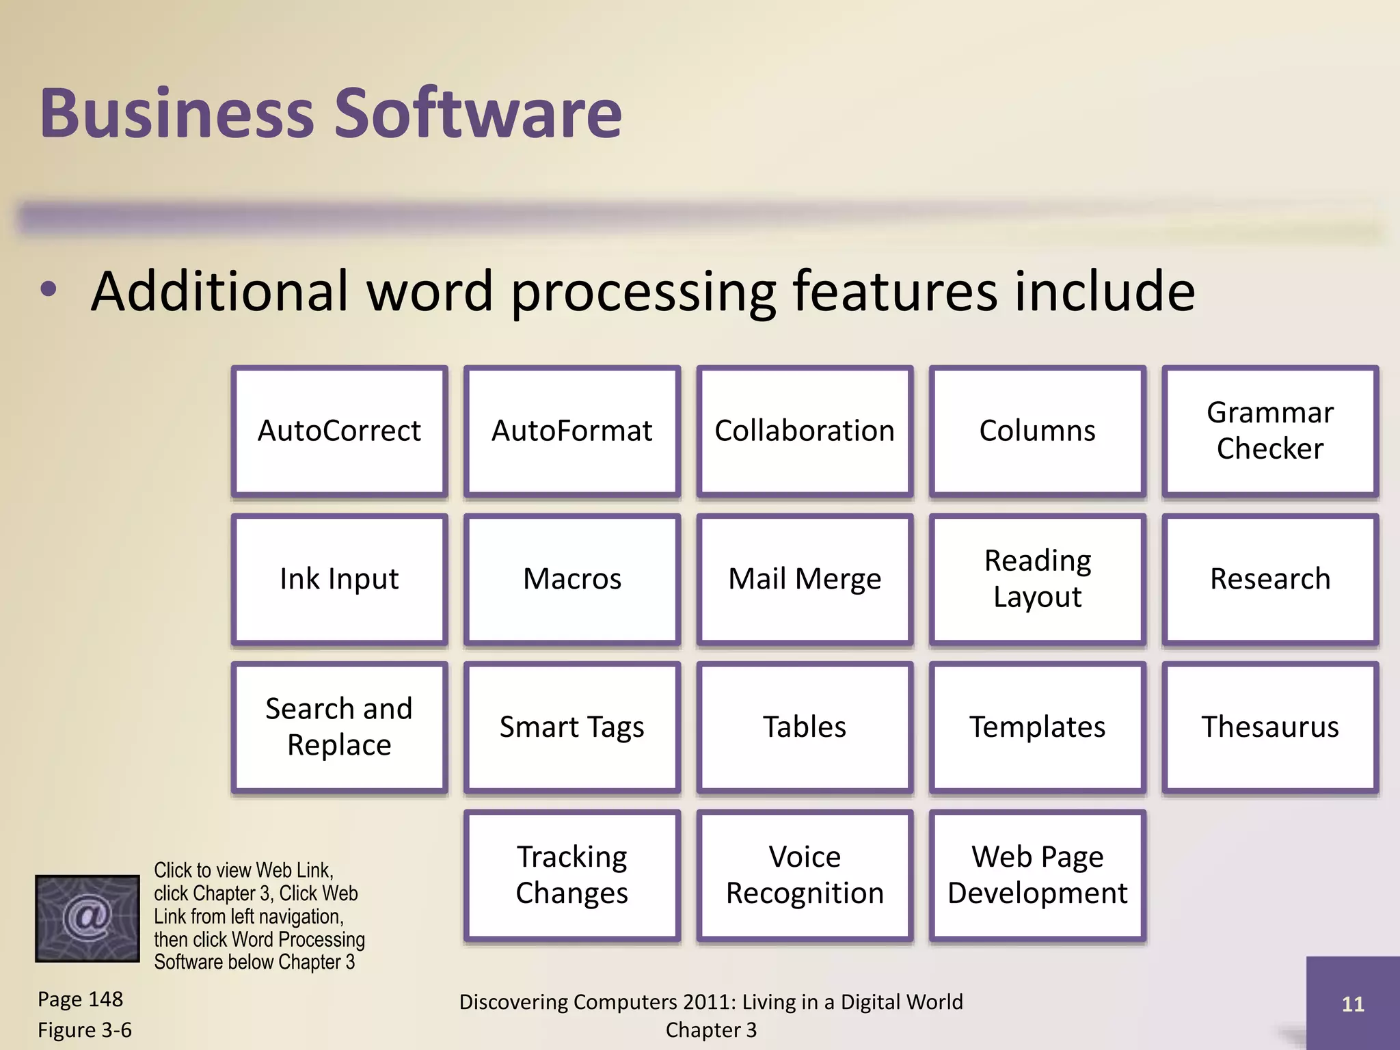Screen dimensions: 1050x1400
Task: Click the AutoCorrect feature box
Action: coord(339,431)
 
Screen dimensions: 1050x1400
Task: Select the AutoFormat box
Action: coord(571,431)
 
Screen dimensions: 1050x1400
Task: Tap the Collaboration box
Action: coord(805,431)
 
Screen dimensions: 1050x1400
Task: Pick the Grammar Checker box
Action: coord(1270,431)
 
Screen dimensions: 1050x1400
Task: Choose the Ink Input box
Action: coord(339,579)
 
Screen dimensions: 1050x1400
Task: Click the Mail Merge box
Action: coord(805,579)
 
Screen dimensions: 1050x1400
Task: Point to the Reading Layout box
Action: coord(1037,579)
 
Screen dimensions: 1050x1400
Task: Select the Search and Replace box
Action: coord(339,727)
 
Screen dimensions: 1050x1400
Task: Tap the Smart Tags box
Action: coord(571,727)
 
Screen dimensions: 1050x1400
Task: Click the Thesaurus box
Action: coord(1270,727)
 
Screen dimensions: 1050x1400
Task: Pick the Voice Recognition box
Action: coord(805,875)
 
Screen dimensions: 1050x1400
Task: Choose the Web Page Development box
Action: coord(1037,875)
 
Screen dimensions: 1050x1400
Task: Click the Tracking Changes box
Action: coord(571,875)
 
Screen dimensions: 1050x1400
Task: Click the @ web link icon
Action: coord(87,918)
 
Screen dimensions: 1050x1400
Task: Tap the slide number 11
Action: coord(1352,1004)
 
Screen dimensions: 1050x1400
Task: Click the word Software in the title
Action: coord(478,113)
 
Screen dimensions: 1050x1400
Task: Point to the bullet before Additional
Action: coord(49,290)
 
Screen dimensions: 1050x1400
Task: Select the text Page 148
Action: coord(80,999)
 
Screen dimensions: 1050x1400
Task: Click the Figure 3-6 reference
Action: coord(85,1030)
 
